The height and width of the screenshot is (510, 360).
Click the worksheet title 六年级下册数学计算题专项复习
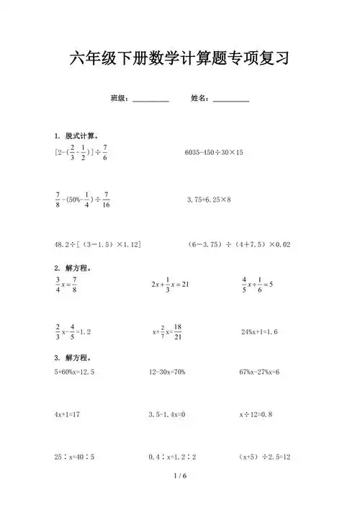pos(179,58)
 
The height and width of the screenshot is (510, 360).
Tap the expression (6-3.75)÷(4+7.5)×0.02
pos(238,245)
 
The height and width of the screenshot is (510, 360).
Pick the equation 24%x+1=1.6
pos(260,332)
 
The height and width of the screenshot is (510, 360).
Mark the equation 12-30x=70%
pos(167,372)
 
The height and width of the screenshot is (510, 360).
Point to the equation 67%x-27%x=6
pos(259,372)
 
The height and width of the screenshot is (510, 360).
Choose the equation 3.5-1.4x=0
pos(167,415)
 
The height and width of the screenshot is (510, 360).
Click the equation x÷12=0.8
pos(256,415)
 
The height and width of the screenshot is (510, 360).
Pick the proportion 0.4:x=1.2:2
pos(173,457)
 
